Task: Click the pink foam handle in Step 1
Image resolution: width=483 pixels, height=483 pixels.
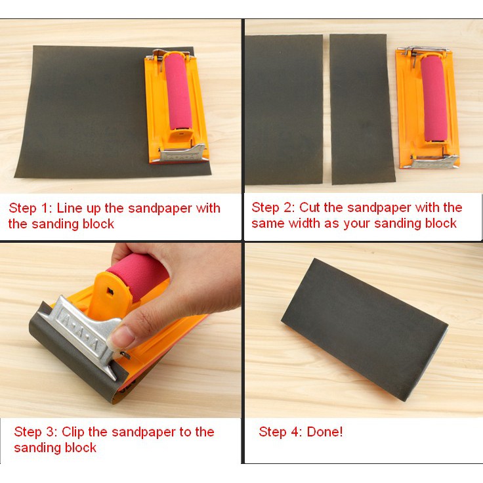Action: pyautogui.click(x=177, y=91)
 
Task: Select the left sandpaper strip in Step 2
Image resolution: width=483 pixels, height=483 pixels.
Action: pyautogui.click(x=283, y=110)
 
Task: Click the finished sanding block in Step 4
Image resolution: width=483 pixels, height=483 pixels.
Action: pyautogui.click(x=364, y=329)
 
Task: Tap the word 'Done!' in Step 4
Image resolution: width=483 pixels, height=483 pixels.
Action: pyautogui.click(x=325, y=432)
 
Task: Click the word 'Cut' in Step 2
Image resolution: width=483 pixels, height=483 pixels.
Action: pyautogui.click(x=310, y=207)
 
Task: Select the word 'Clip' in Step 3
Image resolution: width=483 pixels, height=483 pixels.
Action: pyautogui.click(x=73, y=432)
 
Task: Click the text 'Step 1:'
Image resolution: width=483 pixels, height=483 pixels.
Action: pyautogui.click(x=30, y=208)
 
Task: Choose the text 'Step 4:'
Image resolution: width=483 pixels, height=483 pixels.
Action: pyautogui.click(x=280, y=432)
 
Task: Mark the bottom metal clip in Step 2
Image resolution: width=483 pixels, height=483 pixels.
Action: pyautogui.click(x=434, y=161)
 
